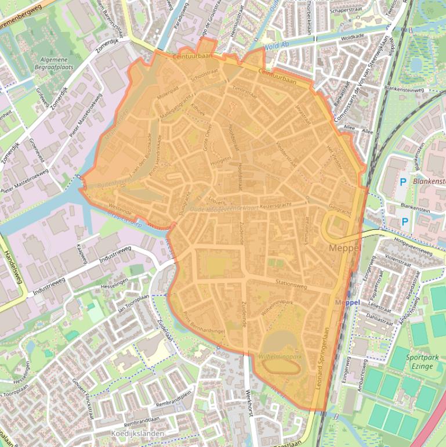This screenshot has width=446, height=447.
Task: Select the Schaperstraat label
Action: click(x=346, y=10)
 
